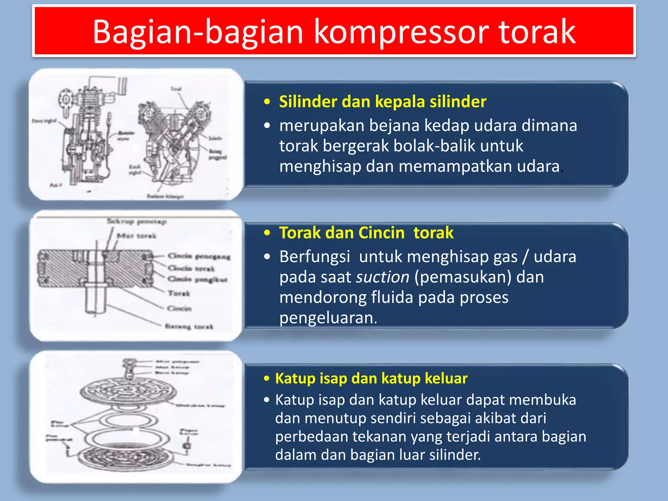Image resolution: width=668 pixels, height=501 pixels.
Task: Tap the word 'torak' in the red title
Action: click(x=538, y=32)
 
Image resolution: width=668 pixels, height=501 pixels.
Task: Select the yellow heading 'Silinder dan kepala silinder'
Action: click(x=382, y=102)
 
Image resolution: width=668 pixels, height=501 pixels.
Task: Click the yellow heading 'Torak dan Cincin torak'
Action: click(x=366, y=233)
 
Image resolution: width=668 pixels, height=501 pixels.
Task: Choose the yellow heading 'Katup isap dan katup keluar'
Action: click(x=371, y=378)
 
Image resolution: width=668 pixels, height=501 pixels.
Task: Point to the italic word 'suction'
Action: click(x=382, y=277)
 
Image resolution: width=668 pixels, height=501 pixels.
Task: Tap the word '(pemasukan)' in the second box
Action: click(x=463, y=277)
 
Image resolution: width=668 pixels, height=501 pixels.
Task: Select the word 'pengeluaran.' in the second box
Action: click(x=328, y=318)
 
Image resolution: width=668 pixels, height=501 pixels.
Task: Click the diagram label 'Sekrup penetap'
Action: click(x=137, y=222)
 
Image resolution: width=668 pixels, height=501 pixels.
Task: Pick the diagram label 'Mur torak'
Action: click(x=137, y=236)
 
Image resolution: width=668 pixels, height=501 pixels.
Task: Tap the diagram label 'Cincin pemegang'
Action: click(x=199, y=256)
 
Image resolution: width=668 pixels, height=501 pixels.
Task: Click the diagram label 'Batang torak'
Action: click(x=189, y=326)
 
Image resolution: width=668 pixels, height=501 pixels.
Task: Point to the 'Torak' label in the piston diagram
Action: click(x=179, y=293)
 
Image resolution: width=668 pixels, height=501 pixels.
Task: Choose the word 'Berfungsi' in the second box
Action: click(x=315, y=257)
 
